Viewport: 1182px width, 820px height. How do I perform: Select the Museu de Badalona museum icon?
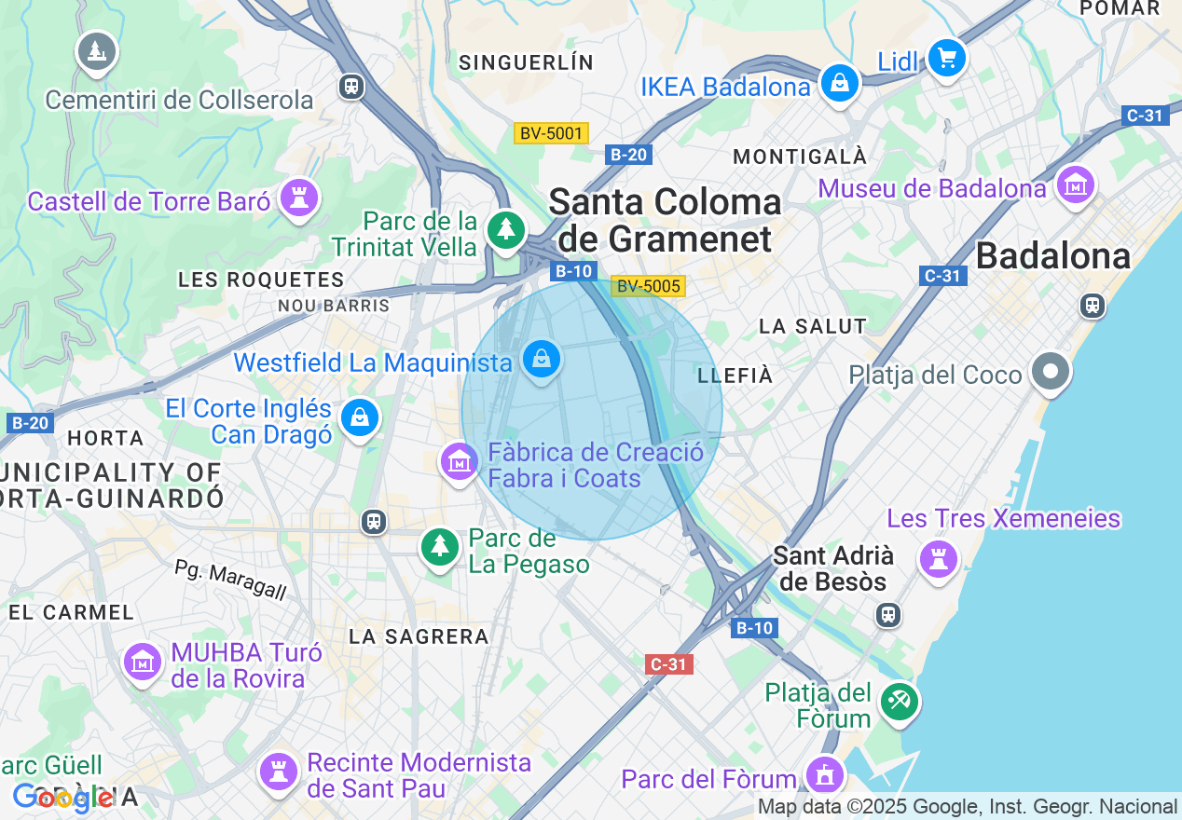click(x=1076, y=185)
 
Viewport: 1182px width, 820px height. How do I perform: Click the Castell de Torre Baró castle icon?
click(x=299, y=198)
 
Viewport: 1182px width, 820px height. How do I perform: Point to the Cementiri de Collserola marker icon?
click(x=96, y=51)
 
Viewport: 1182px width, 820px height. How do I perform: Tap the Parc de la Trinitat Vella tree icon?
click(x=506, y=228)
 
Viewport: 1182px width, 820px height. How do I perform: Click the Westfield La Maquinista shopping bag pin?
click(x=541, y=358)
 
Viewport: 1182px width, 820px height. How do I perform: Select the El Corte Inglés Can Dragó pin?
click(x=360, y=417)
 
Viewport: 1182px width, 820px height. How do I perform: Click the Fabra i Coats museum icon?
click(x=459, y=460)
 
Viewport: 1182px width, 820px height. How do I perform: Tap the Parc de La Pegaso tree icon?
click(x=438, y=546)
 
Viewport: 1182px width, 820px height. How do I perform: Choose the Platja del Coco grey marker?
click(x=1051, y=372)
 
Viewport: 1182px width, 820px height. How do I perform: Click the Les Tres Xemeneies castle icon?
click(x=939, y=558)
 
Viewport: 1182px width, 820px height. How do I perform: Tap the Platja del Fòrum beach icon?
click(x=899, y=701)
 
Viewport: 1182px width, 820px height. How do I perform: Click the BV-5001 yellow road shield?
click(x=551, y=133)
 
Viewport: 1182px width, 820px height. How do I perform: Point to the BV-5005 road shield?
click(x=648, y=286)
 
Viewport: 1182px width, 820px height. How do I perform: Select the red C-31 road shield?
click(x=668, y=664)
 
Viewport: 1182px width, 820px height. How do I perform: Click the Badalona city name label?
click(x=1052, y=255)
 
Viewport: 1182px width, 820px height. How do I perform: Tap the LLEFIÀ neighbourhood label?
click(x=735, y=376)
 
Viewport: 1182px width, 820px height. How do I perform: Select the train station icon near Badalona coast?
click(x=1092, y=305)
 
